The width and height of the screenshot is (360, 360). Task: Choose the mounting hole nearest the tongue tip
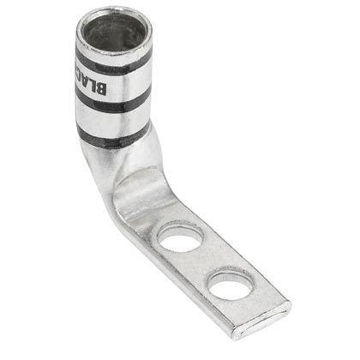[x=230, y=284]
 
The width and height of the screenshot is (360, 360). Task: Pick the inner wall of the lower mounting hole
[x=230, y=277]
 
